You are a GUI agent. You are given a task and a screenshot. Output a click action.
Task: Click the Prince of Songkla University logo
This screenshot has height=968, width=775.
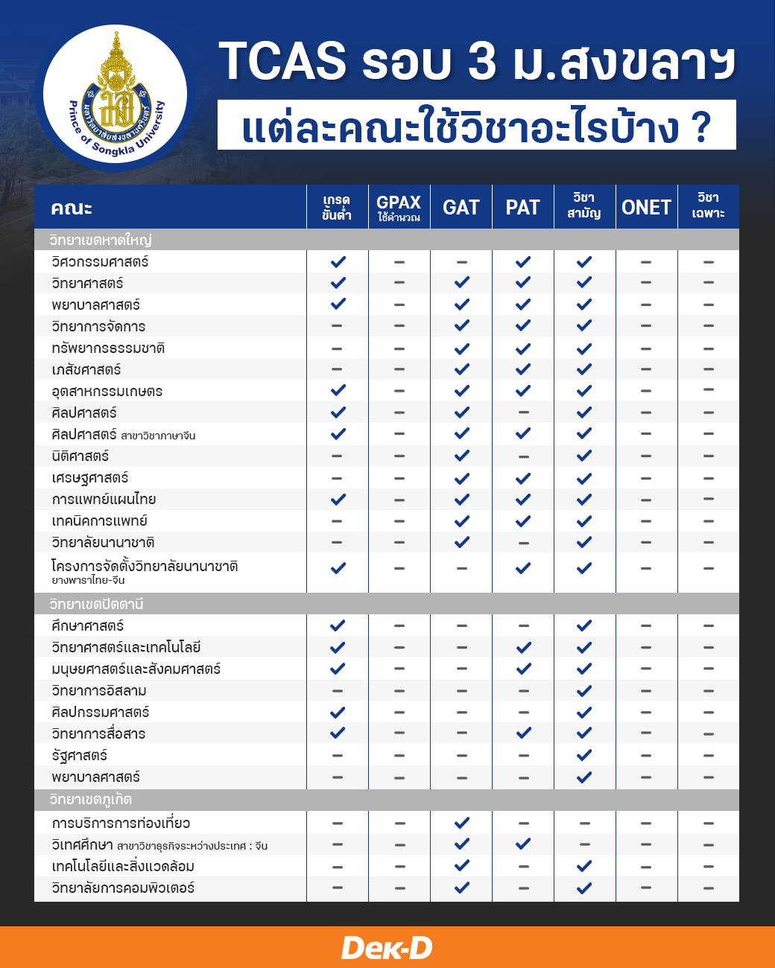[116, 96]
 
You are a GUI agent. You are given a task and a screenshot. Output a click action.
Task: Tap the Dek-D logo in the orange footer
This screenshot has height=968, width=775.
[387, 947]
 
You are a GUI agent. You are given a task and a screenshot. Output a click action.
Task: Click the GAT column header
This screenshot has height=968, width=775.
[461, 207]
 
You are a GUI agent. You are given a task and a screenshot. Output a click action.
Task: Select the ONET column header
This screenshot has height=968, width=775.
[646, 207]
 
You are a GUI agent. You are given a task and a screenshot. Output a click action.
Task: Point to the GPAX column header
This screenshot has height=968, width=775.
[399, 207]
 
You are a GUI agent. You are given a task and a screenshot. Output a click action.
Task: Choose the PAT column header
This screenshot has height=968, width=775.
[522, 207]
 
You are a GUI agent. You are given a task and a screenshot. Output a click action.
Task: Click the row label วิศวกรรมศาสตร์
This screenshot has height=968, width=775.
[100, 262]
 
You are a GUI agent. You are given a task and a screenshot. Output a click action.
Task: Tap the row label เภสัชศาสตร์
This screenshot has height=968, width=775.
[86, 370]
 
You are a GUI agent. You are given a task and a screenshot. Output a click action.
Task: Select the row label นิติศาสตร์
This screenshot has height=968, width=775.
[80, 456]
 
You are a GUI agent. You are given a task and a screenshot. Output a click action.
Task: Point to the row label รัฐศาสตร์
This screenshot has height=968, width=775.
[80, 756]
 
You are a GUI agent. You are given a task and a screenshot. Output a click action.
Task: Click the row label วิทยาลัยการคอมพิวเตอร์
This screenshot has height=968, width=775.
[123, 888]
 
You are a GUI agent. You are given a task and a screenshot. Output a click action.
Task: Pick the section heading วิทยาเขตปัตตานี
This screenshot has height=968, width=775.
[96, 604]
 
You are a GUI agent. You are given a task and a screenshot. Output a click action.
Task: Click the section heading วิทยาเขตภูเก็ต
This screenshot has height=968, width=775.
[90, 800]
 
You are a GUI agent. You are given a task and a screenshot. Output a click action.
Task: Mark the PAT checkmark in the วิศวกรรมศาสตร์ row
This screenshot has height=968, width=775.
[523, 262]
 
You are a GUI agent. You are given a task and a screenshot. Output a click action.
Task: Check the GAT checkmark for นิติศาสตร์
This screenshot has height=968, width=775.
[462, 456]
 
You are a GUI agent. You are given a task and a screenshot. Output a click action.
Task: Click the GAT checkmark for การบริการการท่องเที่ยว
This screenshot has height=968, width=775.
[462, 823]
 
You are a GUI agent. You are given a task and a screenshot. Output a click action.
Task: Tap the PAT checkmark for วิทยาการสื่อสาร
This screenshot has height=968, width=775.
[523, 733]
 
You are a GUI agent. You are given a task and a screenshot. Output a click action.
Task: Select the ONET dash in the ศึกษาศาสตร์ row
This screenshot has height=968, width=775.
[646, 626]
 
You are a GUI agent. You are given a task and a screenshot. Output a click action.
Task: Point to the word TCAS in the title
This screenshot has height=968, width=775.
[282, 61]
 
